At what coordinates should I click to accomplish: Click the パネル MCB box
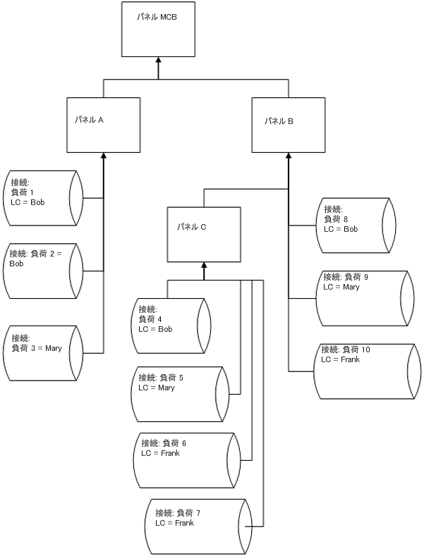[158, 29]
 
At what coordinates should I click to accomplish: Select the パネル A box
[104, 124]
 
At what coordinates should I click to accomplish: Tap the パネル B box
[288, 124]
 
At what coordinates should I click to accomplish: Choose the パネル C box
[204, 235]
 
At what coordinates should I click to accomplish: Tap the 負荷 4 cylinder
[171, 325]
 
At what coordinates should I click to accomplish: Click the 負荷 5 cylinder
[180, 393]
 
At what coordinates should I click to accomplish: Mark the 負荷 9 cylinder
[363, 298]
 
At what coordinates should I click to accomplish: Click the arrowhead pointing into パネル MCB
[158, 61]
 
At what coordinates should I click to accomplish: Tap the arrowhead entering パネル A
[104, 156]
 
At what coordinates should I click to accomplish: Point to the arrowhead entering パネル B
[288, 156]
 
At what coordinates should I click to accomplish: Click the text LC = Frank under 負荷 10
[341, 359]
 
